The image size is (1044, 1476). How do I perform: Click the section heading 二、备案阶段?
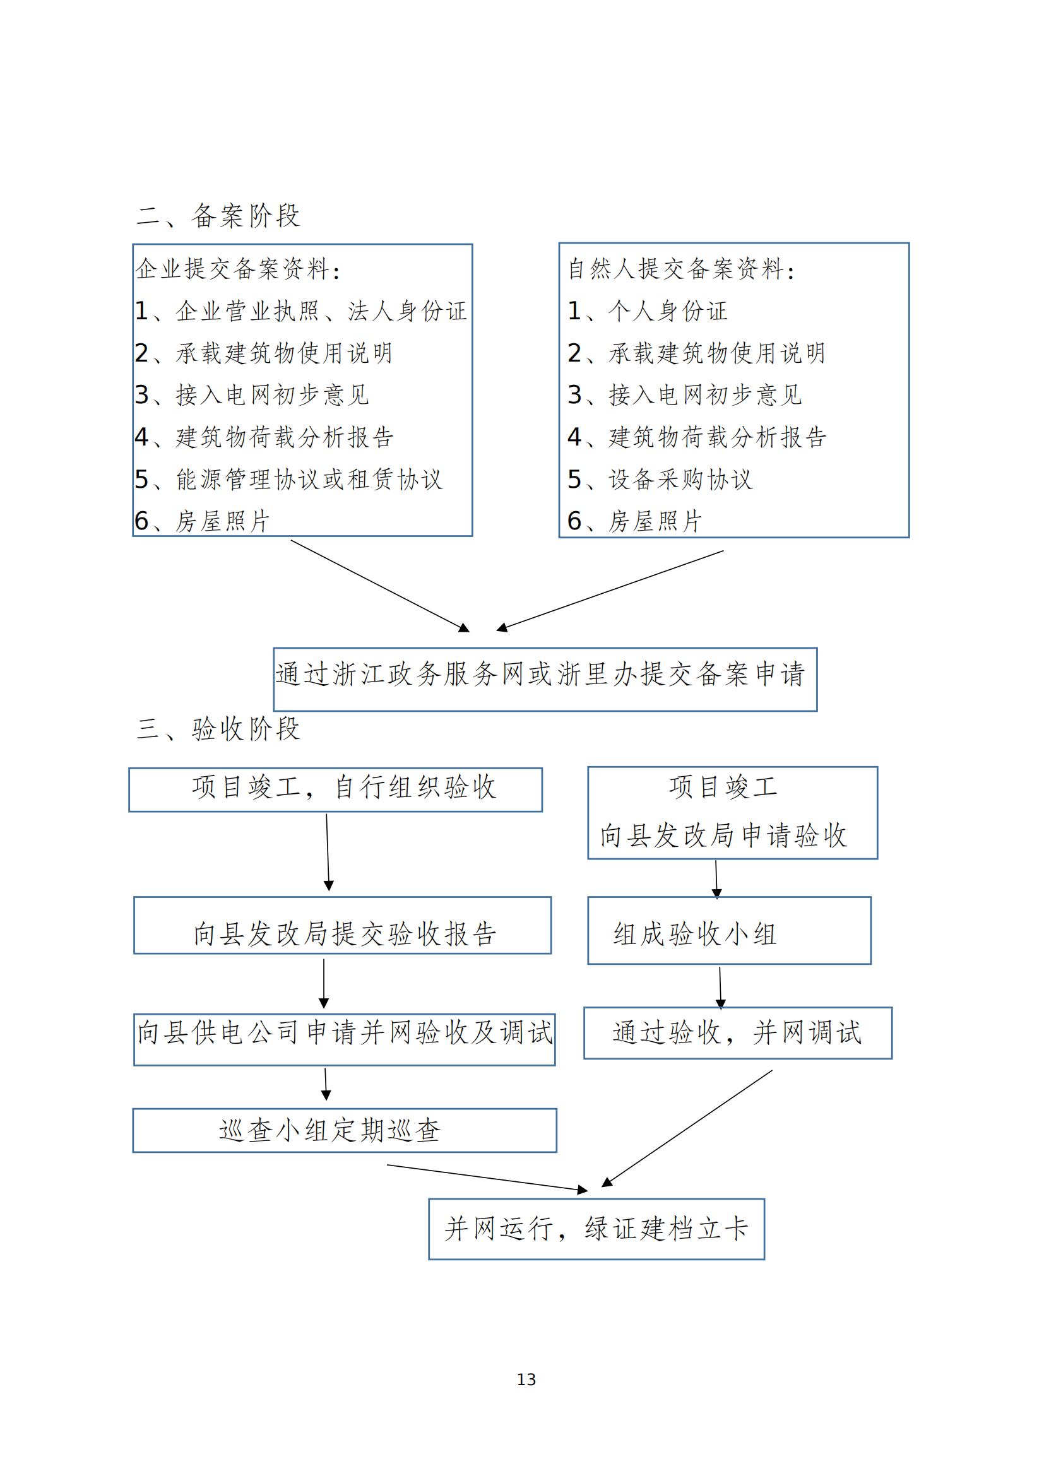pyautogui.click(x=218, y=216)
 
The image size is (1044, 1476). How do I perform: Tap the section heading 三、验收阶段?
pyautogui.click(x=218, y=729)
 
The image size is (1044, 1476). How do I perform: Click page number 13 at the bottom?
pyautogui.click(x=526, y=1379)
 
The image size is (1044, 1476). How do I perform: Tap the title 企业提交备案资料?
pyautogui.click(x=238, y=269)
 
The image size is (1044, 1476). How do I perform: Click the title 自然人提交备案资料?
pyautogui.click(x=682, y=269)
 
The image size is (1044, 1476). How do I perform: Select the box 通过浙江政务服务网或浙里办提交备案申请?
pyautogui.click(x=545, y=679)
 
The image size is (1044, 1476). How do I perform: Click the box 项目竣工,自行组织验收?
pyautogui.click(x=335, y=789)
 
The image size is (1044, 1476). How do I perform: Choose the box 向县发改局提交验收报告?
pyautogui.click(x=342, y=926)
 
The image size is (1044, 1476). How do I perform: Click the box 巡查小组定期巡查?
pyautogui.click(x=344, y=1130)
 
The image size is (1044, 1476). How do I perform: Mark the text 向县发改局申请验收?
pyautogui.click(x=723, y=835)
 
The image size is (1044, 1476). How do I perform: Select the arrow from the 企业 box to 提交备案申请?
pyautogui.click(x=379, y=586)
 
